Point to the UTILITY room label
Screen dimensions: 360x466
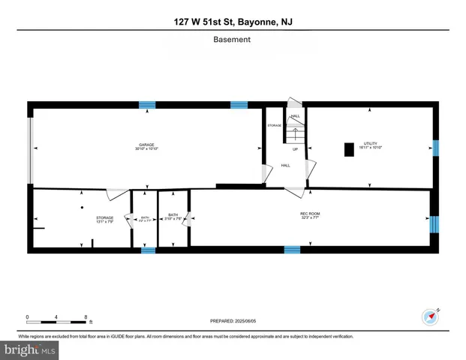point(370,145)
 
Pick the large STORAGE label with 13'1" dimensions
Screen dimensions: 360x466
point(83,219)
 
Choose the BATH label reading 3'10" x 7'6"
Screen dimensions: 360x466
point(173,217)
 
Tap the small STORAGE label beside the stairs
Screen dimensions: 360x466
point(275,125)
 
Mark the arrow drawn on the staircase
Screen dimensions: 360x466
point(295,134)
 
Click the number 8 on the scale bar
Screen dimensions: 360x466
point(86,317)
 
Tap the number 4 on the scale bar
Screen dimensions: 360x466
point(56,317)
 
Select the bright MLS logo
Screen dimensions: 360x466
point(30,350)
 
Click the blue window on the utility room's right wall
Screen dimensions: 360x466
point(435,148)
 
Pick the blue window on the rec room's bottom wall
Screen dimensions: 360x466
point(292,249)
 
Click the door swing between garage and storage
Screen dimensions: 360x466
point(116,193)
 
